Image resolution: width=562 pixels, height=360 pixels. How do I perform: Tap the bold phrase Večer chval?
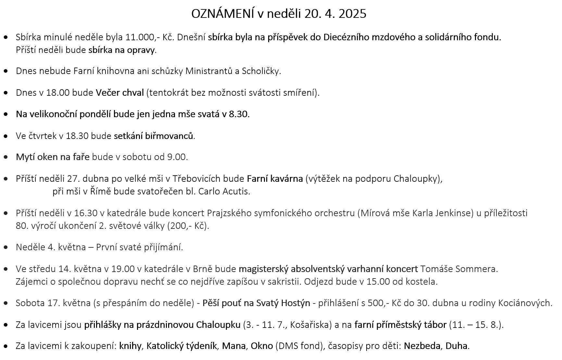(x=119, y=93)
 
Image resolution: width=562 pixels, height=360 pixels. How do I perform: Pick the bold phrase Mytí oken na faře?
(x=53, y=157)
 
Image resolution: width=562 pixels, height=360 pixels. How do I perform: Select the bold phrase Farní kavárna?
(x=275, y=179)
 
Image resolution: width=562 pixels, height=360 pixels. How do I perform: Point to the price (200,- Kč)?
(x=188, y=226)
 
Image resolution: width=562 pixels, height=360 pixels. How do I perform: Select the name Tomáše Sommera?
(x=459, y=269)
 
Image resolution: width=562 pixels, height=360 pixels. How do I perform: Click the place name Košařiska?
(x=310, y=325)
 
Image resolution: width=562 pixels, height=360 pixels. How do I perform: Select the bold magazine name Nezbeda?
(x=422, y=346)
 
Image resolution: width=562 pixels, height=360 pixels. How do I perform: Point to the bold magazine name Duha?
(x=456, y=346)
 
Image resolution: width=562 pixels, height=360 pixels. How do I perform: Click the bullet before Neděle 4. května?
(x=6, y=247)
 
